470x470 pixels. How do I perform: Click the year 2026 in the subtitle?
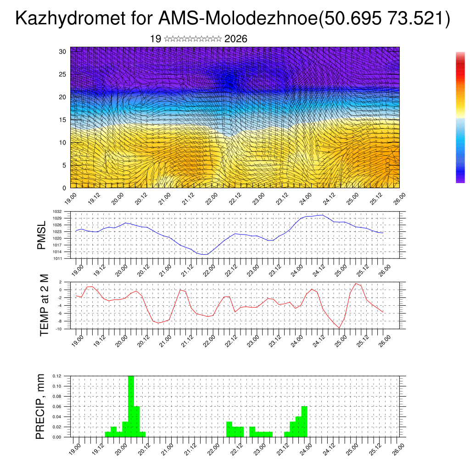click(x=236, y=39)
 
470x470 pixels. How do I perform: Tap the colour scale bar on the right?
click(x=460, y=117)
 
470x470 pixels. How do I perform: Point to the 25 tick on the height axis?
click(x=63, y=74)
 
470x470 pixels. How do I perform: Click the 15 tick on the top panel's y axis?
click(x=63, y=120)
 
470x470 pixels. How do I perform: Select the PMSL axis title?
click(x=42, y=235)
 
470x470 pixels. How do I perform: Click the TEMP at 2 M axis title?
click(x=44, y=305)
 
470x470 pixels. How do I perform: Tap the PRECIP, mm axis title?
click(x=41, y=406)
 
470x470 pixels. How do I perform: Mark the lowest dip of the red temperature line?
click(x=339, y=328)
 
